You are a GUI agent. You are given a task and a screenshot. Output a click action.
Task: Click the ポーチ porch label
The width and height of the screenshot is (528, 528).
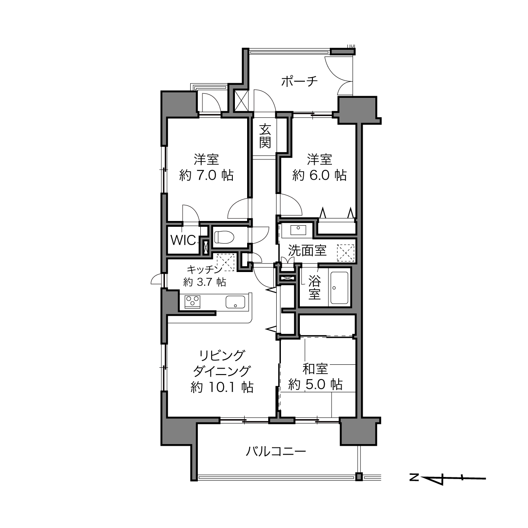[299, 81]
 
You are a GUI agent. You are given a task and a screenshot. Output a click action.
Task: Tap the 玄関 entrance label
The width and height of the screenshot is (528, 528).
[265, 136]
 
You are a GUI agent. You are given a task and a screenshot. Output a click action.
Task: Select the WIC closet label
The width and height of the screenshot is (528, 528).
[183, 240]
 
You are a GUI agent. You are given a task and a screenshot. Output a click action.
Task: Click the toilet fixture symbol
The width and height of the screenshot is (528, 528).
[224, 237]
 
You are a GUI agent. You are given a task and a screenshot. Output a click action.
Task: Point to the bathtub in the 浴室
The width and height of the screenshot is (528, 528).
[339, 288]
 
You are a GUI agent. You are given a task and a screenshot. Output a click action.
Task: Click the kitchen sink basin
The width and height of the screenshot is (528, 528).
[235, 302]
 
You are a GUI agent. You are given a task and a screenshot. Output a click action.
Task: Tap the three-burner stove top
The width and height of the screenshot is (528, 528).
[193, 302]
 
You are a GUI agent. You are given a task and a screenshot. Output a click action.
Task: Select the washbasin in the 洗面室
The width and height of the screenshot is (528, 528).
[298, 230]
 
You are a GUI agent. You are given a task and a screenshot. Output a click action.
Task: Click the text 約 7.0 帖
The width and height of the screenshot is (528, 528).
[206, 175]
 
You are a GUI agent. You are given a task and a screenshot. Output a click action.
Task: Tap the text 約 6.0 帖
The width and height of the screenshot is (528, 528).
[319, 175]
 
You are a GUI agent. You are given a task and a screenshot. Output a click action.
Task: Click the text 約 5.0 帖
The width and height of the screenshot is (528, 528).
[315, 385]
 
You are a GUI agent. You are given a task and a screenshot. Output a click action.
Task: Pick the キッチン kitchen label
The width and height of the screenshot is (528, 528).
[204, 269]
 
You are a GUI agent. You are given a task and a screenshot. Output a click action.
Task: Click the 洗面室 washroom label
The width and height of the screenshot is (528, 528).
[307, 251]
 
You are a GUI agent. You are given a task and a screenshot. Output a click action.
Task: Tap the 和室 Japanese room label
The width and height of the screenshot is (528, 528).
[315, 369]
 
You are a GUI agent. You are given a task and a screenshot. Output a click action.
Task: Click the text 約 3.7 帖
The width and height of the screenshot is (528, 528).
[205, 282]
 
